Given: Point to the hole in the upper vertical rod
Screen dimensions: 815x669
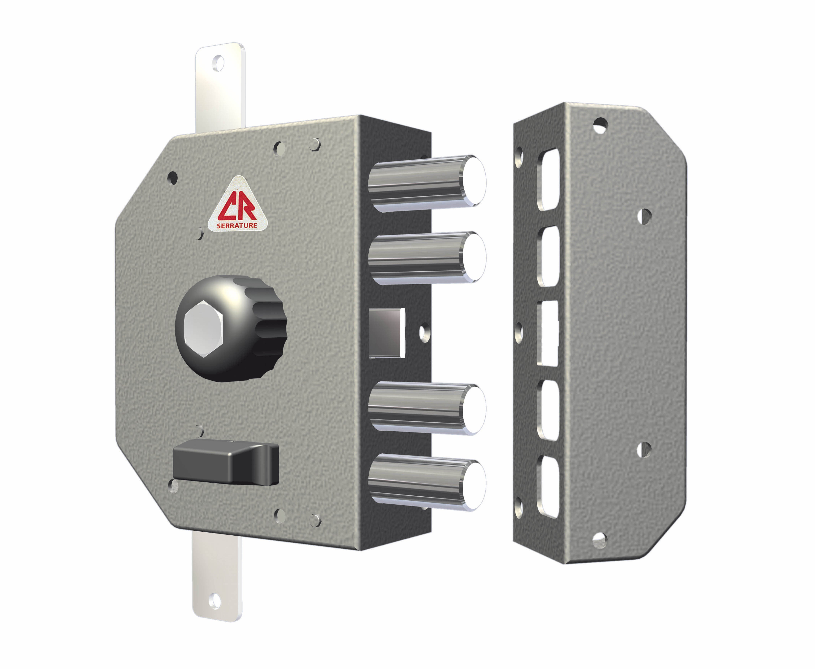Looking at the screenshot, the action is (219, 63).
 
